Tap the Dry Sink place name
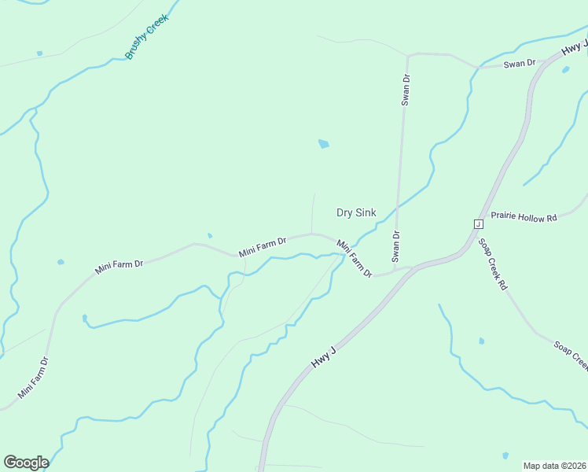(356, 212)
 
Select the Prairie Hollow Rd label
(523, 216)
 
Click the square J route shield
(476, 224)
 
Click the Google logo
(26, 463)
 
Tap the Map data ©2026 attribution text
(555, 466)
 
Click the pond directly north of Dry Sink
(323, 144)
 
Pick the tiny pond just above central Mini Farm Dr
(209, 235)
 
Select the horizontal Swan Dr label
(519, 63)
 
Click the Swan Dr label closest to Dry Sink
(396, 245)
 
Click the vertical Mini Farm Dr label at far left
(34, 377)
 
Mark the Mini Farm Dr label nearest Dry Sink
(354, 259)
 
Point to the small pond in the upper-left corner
(39, 53)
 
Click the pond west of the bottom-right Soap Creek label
(481, 341)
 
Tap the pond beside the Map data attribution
(505, 455)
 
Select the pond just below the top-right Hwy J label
(565, 69)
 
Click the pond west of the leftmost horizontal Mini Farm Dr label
(61, 262)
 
